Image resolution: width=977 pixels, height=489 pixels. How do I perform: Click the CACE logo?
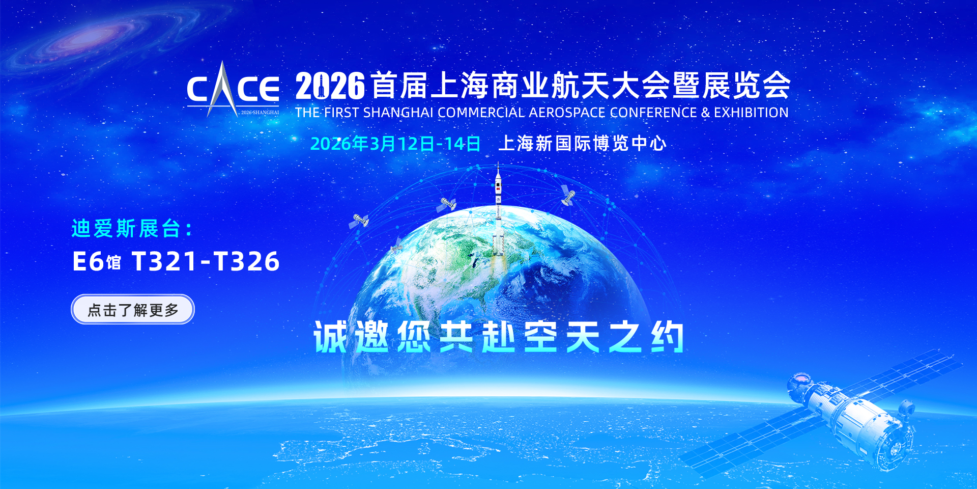pos(233,89)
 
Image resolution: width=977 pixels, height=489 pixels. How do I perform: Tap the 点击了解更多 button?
pos(133,309)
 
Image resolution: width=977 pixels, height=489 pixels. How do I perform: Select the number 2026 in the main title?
pos(330,86)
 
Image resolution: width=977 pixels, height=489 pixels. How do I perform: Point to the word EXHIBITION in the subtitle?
pos(751,113)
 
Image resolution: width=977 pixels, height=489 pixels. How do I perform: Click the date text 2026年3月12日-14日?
pos(395,144)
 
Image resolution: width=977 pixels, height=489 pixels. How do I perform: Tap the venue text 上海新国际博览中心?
pos(582,144)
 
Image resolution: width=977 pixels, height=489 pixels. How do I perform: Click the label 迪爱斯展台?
pos(126,229)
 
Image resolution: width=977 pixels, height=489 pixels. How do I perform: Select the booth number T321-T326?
pos(206,261)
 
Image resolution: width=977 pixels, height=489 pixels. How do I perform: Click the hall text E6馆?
pos(97,261)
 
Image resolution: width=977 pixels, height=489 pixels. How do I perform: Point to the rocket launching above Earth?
pos(498,214)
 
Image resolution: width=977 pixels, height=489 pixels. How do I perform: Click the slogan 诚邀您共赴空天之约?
pos(499,337)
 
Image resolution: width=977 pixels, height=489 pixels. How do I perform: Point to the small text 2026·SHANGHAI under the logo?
pos(260,113)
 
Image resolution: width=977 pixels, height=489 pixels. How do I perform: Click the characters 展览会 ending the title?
pos(746,86)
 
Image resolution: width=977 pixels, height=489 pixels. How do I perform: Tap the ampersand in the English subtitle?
pos(705,113)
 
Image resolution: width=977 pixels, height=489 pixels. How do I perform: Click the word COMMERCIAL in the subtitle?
pos(481,113)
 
